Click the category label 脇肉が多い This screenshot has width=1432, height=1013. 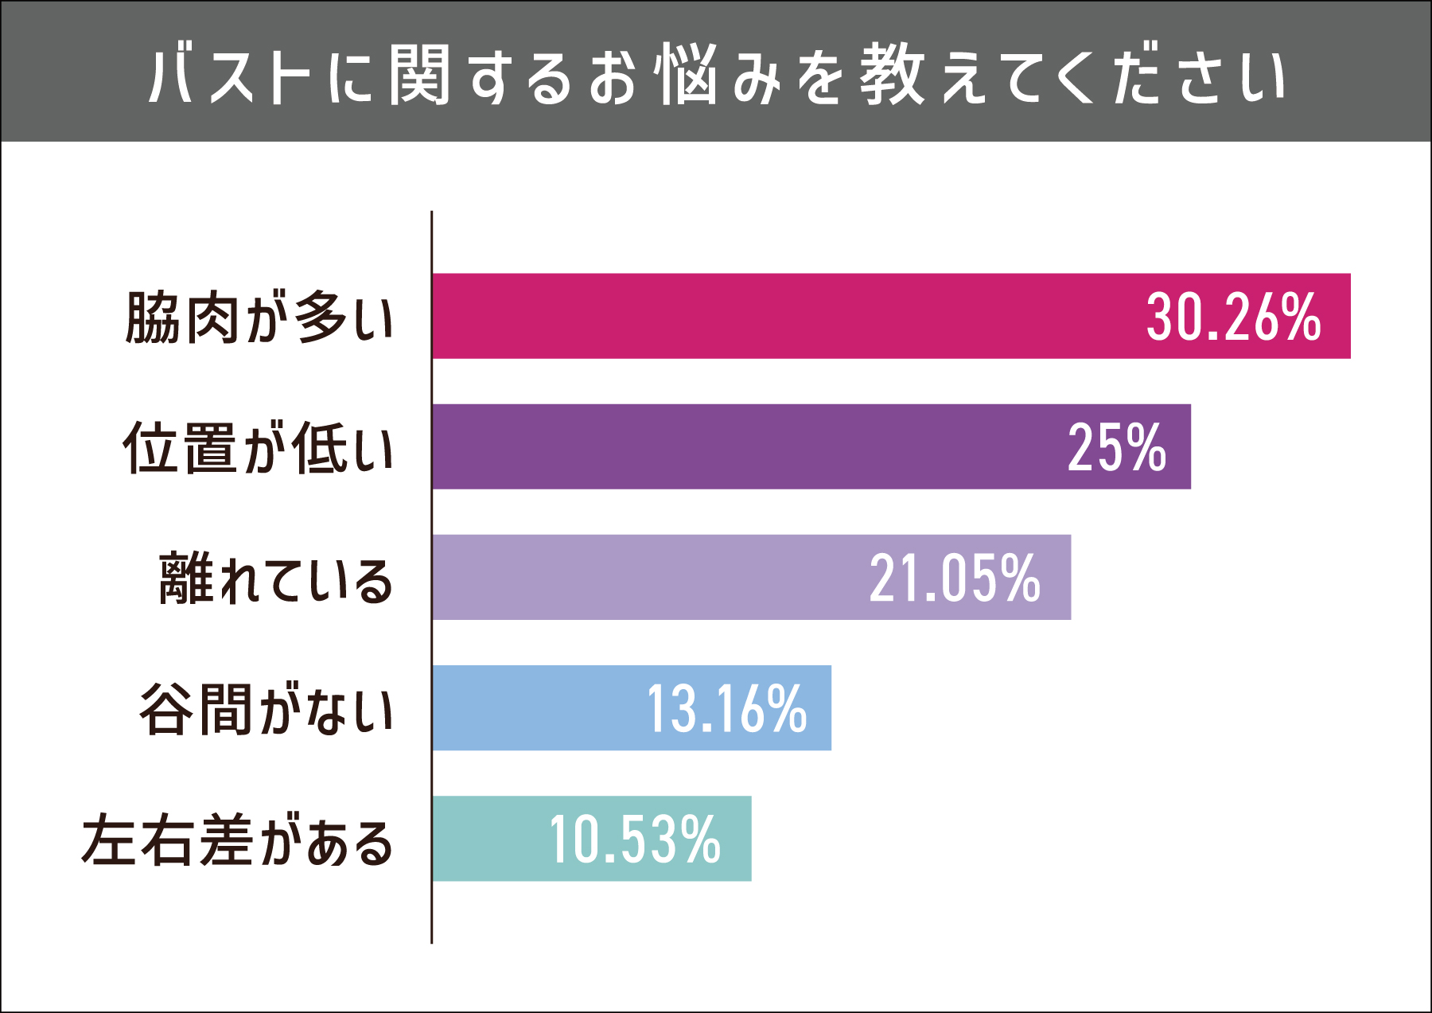tap(259, 318)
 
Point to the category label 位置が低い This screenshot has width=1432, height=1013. tap(258, 448)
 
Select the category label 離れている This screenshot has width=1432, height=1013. tap(276, 579)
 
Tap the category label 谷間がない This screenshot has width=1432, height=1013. tap(267, 709)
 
